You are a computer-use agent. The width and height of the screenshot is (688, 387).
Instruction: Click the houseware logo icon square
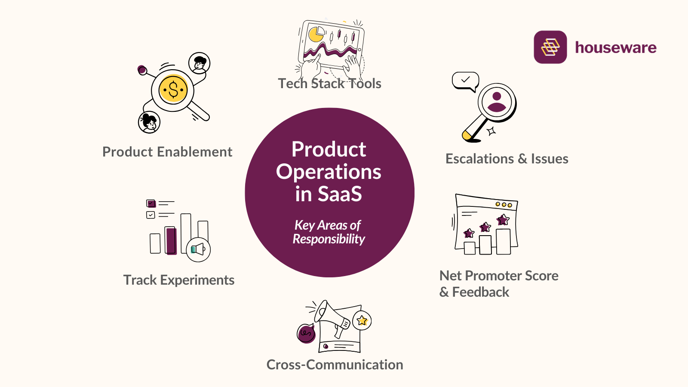(x=550, y=47)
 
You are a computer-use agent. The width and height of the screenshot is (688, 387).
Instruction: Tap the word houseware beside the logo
(x=615, y=48)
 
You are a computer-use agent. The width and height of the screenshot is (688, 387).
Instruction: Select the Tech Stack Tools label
(x=329, y=83)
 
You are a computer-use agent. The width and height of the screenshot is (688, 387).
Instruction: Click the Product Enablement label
(x=167, y=152)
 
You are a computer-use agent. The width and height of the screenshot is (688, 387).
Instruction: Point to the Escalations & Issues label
(x=507, y=159)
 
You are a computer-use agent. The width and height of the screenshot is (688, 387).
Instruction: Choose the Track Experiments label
(x=179, y=280)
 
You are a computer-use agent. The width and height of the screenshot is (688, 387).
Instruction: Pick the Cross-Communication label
(x=335, y=365)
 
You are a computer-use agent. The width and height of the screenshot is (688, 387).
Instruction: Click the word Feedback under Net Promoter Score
(x=480, y=292)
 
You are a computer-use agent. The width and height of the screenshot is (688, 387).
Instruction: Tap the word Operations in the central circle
(x=329, y=172)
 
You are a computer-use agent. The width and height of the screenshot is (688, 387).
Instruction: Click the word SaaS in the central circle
(x=340, y=194)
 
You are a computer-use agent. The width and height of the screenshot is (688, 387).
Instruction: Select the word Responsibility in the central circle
(x=329, y=239)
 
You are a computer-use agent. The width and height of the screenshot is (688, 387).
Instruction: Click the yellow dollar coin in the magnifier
(x=173, y=90)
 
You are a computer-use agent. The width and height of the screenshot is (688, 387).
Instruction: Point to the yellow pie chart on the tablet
(x=316, y=34)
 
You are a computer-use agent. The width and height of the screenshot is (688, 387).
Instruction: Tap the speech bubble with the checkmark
(x=465, y=80)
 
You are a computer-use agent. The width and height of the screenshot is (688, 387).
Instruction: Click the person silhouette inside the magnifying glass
(x=497, y=102)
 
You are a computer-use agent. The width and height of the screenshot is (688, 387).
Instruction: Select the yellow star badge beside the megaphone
(x=362, y=320)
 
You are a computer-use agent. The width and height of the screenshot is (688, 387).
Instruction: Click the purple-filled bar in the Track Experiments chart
(x=171, y=241)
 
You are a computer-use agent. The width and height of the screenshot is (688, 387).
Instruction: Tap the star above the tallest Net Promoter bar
(x=503, y=220)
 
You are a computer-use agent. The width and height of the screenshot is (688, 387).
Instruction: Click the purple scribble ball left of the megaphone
(x=306, y=333)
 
